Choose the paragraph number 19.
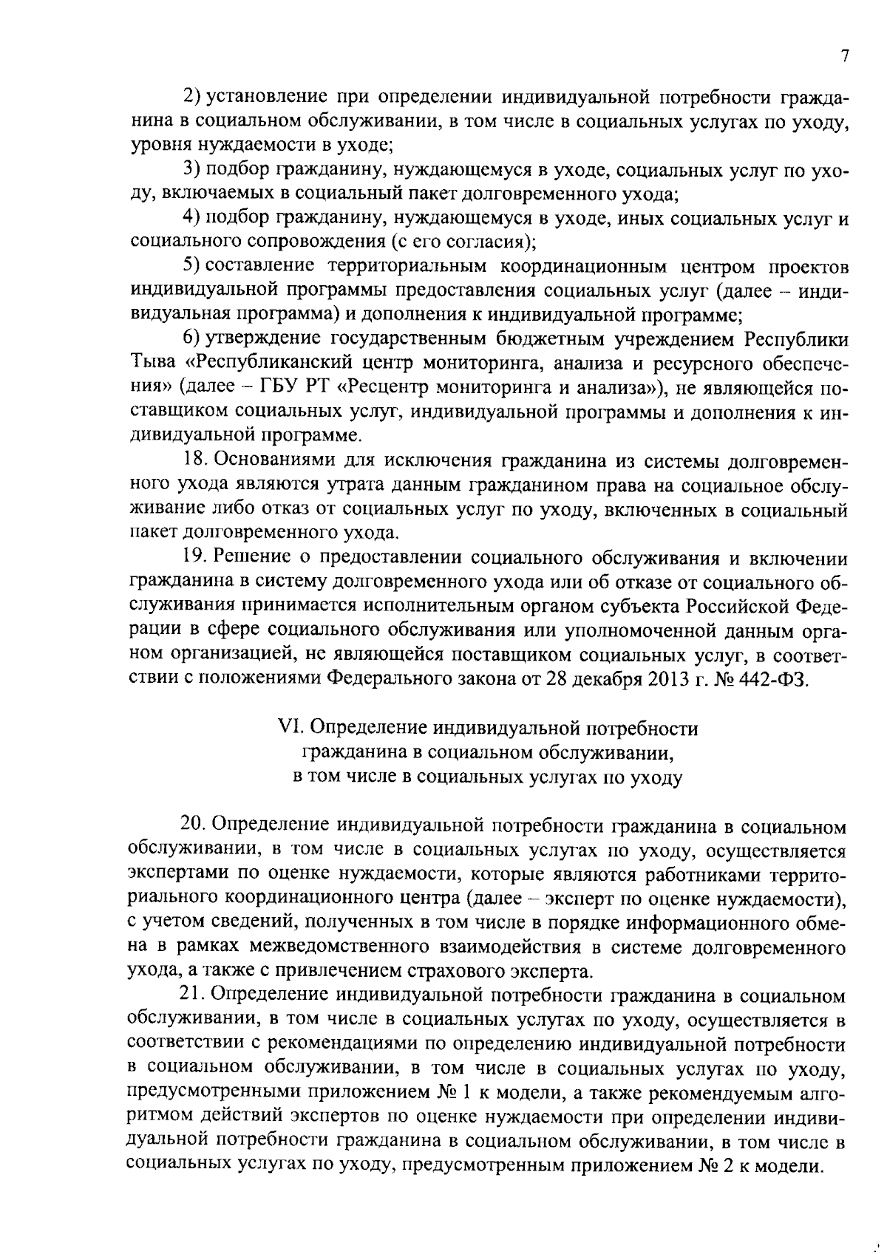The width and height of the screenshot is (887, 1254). (194, 558)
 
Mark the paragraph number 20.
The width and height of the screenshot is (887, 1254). (194, 825)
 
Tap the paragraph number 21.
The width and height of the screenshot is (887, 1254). (194, 996)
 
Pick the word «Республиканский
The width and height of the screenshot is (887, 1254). (270, 364)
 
